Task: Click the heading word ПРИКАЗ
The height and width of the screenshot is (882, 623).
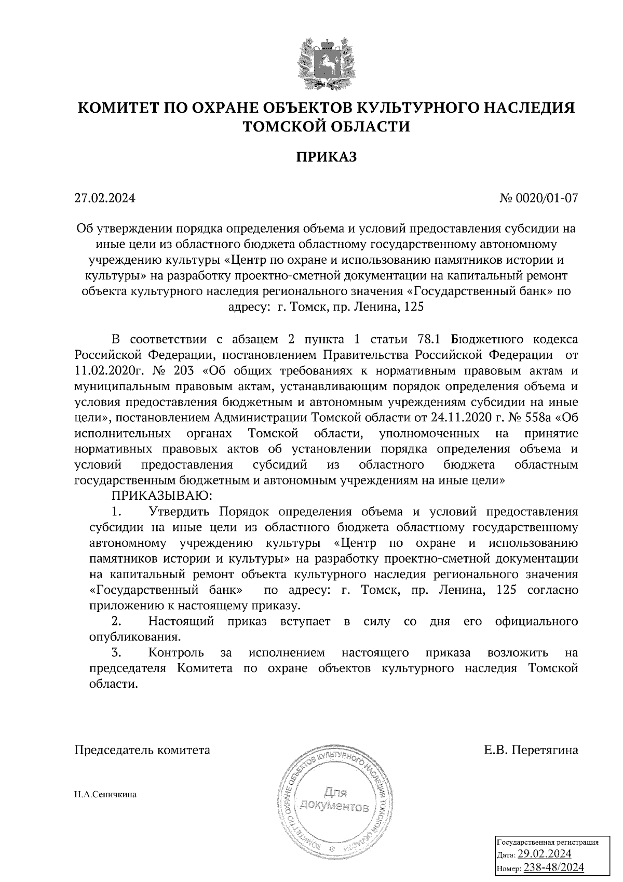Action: point(327,157)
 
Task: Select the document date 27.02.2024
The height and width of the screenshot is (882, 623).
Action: point(104,198)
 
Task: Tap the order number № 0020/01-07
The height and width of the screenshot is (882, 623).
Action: point(538,198)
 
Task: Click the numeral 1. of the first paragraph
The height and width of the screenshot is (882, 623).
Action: point(116,512)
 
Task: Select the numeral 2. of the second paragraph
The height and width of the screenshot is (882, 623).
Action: point(116,621)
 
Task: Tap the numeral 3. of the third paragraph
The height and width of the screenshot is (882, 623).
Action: point(116,652)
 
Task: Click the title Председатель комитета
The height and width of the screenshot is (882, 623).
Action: point(143,750)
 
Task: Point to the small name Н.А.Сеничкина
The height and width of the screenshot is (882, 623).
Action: point(105,795)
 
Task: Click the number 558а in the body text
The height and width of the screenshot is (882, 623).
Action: point(529,418)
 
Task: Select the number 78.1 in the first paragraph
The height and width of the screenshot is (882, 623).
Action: point(429,340)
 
